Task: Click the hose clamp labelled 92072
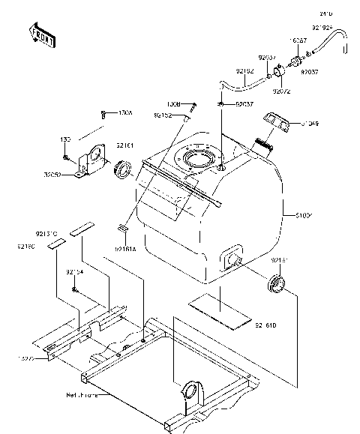click(277, 73)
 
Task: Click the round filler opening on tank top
click(197, 160)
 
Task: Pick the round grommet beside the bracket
click(123, 169)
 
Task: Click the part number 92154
click(74, 271)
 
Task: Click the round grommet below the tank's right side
click(277, 284)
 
